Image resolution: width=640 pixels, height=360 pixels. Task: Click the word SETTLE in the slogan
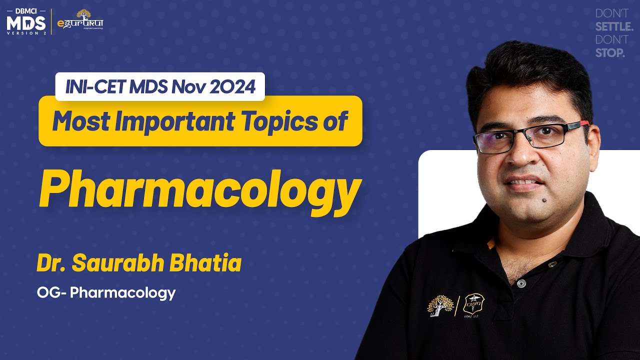pyautogui.click(x=614, y=26)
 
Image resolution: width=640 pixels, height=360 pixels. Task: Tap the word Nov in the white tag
pyautogui.click(x=186, y=87)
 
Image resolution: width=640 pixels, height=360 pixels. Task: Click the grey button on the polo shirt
pyautogui.click(x=521, y=283)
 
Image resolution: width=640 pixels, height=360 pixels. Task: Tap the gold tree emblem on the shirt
pyautogui.click(x=439, y=304)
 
